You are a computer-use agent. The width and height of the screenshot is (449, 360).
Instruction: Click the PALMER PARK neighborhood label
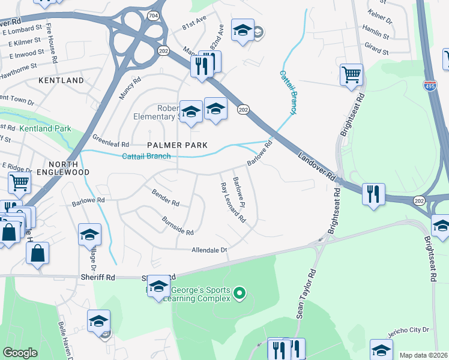point(178,145)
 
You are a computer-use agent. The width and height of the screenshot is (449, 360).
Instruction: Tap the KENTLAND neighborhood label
point(61,80)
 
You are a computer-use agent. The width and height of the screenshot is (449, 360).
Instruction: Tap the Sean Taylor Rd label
point(306,293)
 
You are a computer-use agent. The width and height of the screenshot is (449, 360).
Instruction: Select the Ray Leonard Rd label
point(233,203)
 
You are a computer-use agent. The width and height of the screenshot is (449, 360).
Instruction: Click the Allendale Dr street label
point(210,250)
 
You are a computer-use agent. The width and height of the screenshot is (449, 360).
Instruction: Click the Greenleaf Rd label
point(110,145)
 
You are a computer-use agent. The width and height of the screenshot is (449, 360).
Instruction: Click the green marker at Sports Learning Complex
point(240,293)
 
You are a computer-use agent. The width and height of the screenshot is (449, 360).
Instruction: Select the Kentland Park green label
point(45,128)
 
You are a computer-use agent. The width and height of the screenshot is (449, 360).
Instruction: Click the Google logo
point(20,353)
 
